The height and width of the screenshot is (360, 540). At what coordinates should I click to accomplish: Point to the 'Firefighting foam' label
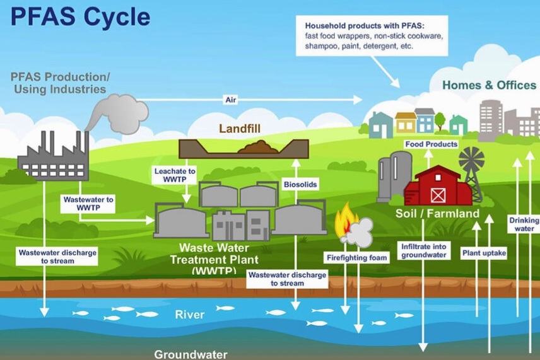coord(356,257)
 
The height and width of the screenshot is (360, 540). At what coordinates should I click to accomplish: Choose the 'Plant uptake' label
coord(484,253)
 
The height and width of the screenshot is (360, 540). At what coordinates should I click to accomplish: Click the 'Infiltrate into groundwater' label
coord(424,250)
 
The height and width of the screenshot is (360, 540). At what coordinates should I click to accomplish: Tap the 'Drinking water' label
coord(524,224)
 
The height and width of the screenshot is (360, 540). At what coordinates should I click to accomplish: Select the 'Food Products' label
coord(431,144)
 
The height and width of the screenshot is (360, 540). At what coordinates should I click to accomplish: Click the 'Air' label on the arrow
coord(230,100)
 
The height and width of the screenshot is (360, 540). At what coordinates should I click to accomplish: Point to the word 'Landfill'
coord(240,129)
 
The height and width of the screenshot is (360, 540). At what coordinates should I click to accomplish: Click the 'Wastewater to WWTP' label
coord(88,204)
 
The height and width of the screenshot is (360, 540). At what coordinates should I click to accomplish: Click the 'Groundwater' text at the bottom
coord(191,354)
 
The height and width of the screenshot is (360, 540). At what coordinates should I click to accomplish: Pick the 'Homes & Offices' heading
coord(489,85)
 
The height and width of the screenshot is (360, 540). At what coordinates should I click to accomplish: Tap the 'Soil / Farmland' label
coord(437,214)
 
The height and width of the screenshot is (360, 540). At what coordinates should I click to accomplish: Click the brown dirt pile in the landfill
coord(257,148)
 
